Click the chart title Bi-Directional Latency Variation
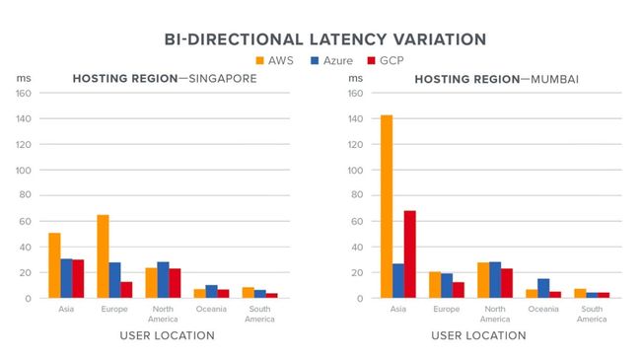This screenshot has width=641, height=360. [x=324, y=39]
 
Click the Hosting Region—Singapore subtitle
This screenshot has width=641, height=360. [x=164, y=79]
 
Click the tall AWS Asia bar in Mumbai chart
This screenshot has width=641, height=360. [x=386, y=206]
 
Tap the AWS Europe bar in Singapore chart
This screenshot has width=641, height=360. [x=103, y=255]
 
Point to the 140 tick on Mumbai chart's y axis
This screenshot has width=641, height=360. [x=356, y=119]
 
